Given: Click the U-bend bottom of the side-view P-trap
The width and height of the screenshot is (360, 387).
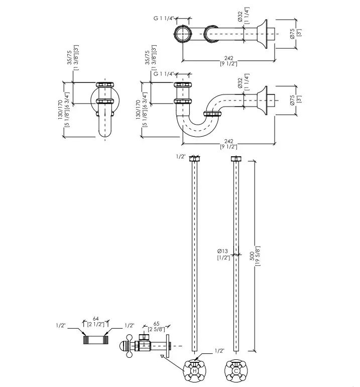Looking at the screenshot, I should coord(197,132).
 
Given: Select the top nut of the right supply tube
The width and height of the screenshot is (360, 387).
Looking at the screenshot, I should coord(236,159).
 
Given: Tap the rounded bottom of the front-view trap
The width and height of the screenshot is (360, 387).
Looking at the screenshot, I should coord(105,133).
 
